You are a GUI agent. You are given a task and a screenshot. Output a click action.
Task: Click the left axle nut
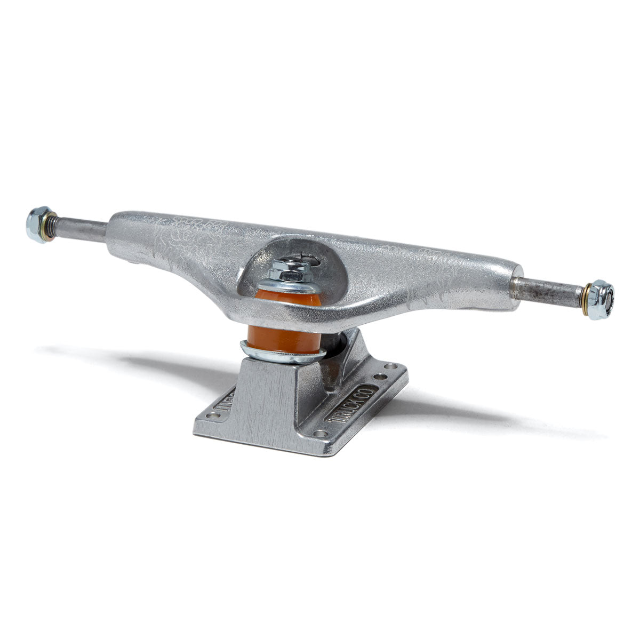pyautogui.click(x=37, y=225)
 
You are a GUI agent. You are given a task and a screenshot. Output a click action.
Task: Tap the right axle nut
pyautogui.click(x=602, y=299)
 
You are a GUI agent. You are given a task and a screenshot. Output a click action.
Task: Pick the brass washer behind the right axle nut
pyautogui.click(x=588, y=295)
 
